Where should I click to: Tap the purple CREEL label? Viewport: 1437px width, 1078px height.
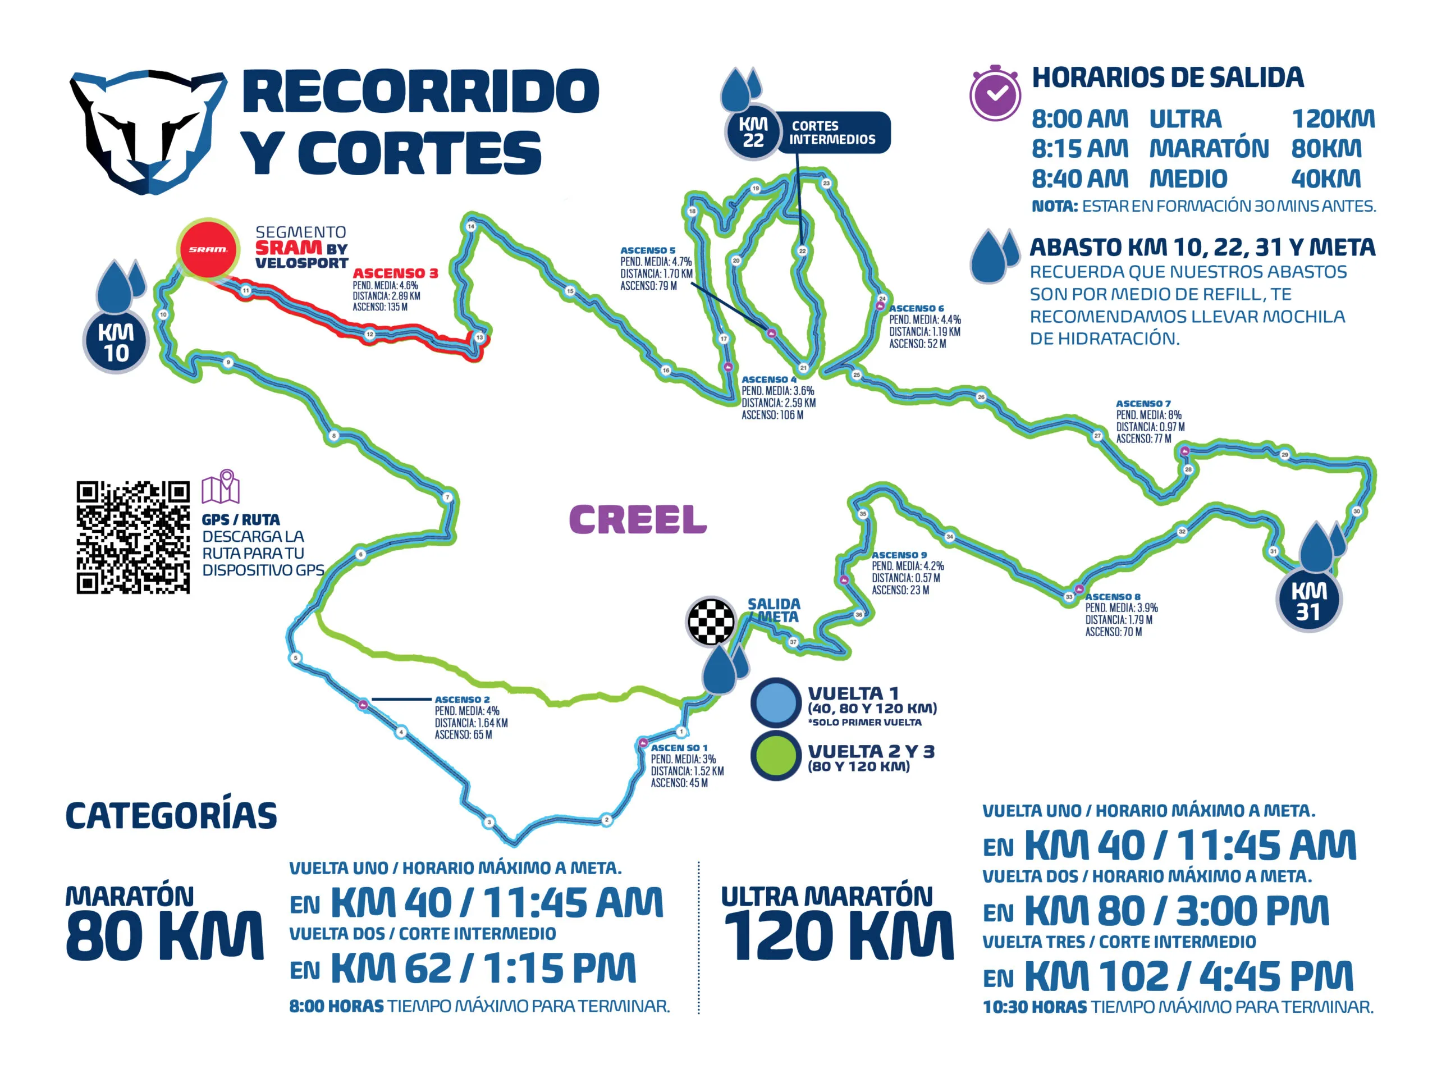[x=637, y=520]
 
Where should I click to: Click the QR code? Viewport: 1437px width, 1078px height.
[x=133, y=537]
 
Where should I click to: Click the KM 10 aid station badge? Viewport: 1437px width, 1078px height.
[x=116, y=342]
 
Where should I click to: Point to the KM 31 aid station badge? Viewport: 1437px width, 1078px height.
[x=1308, y=601]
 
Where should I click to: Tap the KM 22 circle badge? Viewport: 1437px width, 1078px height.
[x=753, y=132]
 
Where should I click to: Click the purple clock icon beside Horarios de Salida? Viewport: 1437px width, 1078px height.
[x=995, y=94]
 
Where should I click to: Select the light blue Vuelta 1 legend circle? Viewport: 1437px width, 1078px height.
[x=776, y=702]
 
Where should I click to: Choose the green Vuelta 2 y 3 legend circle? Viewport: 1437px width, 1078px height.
[x=776, y=756]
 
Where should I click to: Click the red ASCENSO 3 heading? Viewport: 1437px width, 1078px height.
[x=395, y=273]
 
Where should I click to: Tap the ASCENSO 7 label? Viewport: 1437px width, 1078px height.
[x=1143, y=404]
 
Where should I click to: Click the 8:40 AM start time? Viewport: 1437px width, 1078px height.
[x=1079, y=179]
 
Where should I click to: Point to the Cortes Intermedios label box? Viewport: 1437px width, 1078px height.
[x=833, y=133]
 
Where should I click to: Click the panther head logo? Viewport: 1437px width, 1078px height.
[x=148, y=130]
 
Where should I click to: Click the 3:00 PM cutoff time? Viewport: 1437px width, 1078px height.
[x=1252, y=911]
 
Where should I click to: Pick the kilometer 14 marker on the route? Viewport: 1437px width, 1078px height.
[x=471, y=227]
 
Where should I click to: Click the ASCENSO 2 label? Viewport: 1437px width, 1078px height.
[x=462, y=700]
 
